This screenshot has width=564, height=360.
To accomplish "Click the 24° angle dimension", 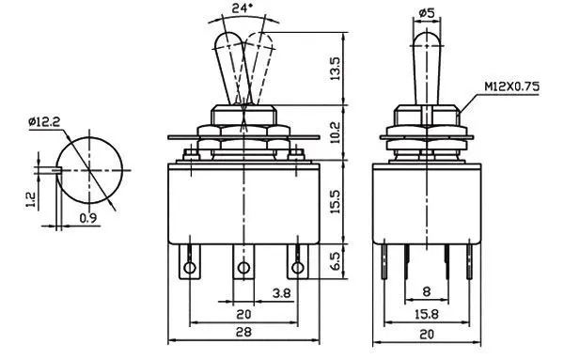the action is [242, 8].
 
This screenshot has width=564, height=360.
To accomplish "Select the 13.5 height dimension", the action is [335, 69].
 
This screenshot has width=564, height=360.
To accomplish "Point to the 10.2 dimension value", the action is [335, 133].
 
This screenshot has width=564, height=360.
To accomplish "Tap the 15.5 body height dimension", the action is [335, 202].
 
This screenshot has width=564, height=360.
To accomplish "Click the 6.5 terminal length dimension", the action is [335, 261].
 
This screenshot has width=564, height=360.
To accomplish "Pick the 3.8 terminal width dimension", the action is [281, 293].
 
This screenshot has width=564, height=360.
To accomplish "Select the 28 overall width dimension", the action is [243, 332].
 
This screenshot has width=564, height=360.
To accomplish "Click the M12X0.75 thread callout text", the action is [512, 86].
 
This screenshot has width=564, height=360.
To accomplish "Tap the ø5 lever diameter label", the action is [427, 13].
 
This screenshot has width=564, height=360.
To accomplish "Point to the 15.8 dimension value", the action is [427, 314].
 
